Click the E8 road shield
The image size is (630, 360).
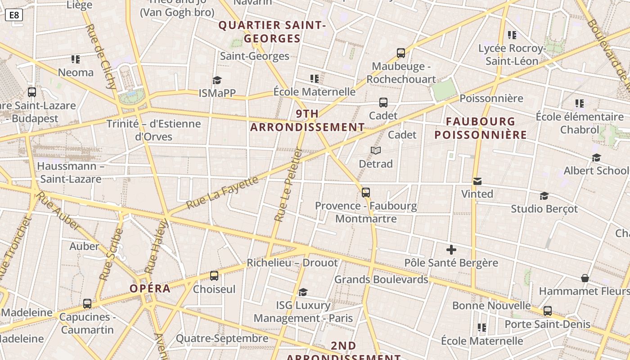coord(14,15)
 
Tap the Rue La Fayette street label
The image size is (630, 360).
coord(222,193)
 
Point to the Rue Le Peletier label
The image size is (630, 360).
coord(287,185)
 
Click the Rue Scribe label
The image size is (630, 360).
coord(111,255)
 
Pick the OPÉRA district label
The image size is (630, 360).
coord(150,288)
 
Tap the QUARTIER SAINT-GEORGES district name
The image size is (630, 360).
coord(272,32)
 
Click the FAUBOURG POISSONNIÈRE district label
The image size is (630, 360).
coord(481,128)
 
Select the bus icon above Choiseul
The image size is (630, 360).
coord(214,275)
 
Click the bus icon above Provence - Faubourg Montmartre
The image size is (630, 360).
coord(366,193)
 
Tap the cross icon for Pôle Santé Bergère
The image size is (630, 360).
coord(451,250)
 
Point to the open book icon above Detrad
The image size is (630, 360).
coord(376,150)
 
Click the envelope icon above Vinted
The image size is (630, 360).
coord(477,181)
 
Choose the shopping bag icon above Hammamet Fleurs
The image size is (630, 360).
coord(585,278)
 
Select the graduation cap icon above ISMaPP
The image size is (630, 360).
coord(217,80)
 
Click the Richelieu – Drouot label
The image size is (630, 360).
coord(292,263)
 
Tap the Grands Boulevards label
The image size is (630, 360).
coord(381,279)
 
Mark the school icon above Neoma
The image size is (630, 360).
coord(76,59)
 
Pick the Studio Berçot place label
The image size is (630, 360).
coord(544,209)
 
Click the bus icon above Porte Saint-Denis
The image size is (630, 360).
coord(548,310)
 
